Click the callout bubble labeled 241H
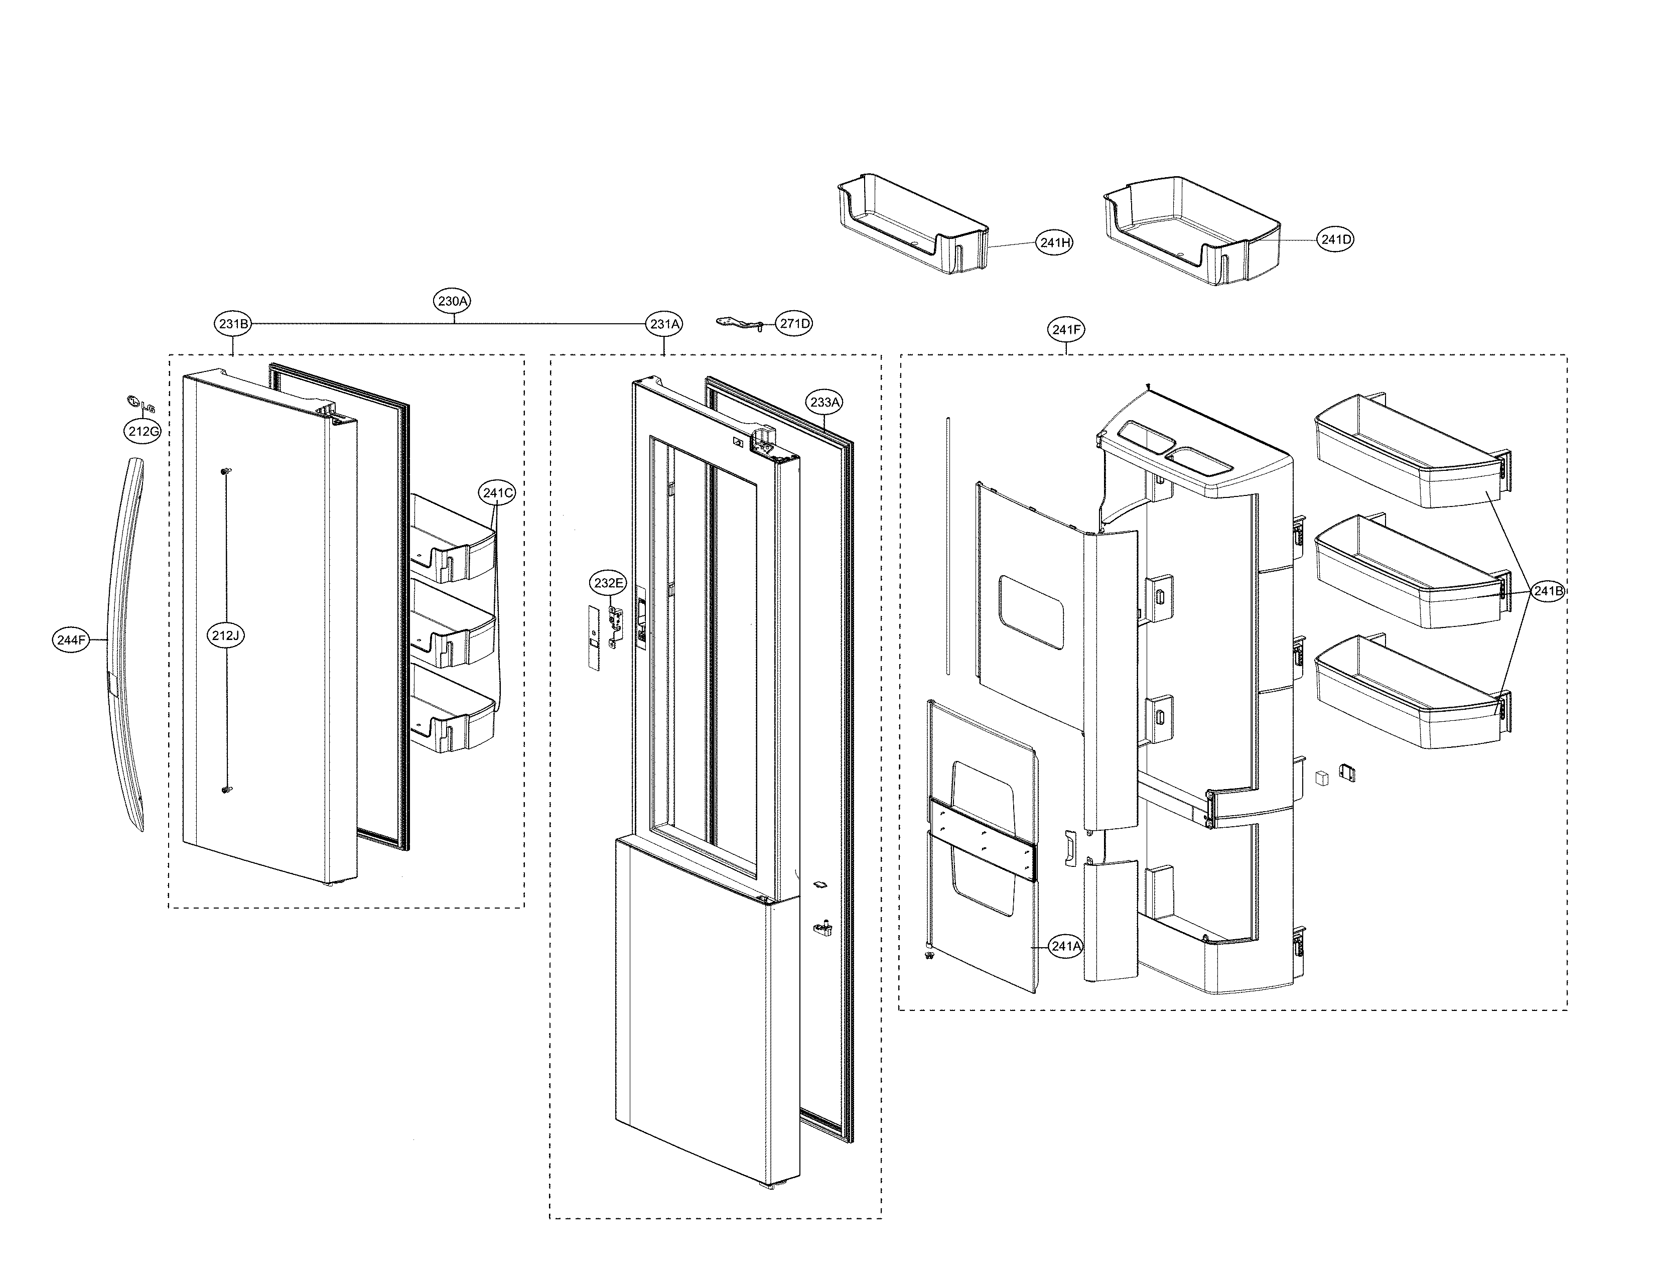click(1055, 242)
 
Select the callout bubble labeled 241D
click(1336, 239)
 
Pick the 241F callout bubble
click(1066, 329)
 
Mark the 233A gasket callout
click(825, 402)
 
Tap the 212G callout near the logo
click(144, 432)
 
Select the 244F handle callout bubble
click(72, 640)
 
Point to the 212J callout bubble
click(225, 635)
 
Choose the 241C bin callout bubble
click(497, 493)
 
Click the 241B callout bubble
click(1548, 591)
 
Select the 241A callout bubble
click(1065, 946)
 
